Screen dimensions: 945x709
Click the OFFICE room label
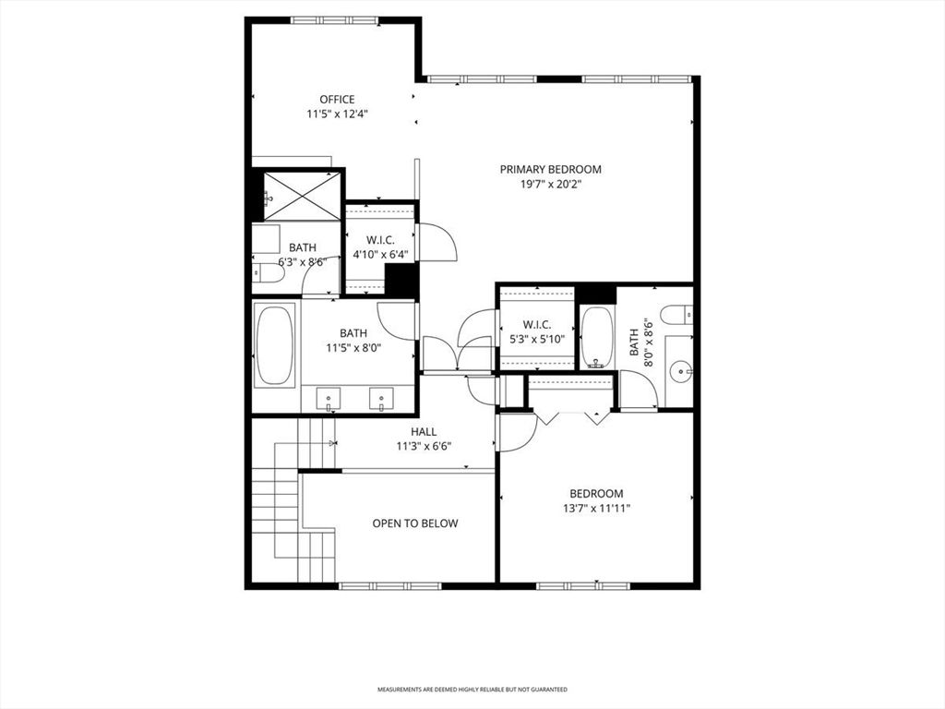pos(337,100)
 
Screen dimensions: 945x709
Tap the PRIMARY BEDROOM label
pos(551,170)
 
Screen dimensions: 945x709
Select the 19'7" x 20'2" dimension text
pos(551,185)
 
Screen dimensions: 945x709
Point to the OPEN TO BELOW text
pos(415,523)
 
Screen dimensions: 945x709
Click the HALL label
pos(424,432)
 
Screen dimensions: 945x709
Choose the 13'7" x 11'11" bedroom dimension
pos(597,509)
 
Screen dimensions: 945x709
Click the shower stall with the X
pos(303,196)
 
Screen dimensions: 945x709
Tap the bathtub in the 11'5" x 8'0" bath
pos(275,345)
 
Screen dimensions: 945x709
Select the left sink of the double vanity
pos(329,399)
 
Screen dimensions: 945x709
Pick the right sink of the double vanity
pos(381,399)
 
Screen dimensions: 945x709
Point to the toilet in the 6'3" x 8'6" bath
pos(269,273)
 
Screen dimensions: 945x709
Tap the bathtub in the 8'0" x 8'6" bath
pos(597,338)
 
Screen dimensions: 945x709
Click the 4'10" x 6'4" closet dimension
pos(381,255)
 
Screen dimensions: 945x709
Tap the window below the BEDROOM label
pos(583,585)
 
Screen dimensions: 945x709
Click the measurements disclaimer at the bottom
pos(472,689)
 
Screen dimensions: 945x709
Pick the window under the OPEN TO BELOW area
pos(390,585)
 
